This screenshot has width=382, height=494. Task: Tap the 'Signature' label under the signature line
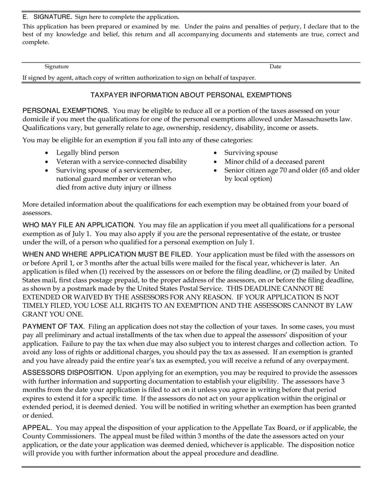point(56,67)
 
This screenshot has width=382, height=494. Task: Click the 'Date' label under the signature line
point(275,67)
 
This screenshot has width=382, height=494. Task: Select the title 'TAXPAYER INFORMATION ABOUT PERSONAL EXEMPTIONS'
point(191,95)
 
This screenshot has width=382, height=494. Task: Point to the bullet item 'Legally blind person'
point(88,153)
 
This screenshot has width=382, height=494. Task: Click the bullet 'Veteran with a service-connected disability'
point(121,162)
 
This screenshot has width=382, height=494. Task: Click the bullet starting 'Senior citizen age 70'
point(292,170)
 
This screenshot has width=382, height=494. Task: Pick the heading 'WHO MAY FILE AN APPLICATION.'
point(79,225)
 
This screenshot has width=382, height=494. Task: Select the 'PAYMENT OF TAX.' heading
point(53,327)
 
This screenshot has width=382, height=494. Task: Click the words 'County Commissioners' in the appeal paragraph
point(59,436)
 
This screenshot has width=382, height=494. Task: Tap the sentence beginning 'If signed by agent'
point(139,77)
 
